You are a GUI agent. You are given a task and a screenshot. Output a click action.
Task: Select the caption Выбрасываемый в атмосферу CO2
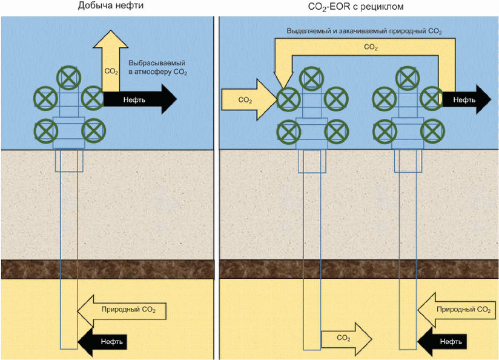click(x=157, y=67)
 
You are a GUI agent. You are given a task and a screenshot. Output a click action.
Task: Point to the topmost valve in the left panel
click(x=69, y=78)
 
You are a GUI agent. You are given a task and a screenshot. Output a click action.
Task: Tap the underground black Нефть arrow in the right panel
click(x=446, y=341)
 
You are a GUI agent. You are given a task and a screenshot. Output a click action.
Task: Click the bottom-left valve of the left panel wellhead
click(x=46, y=130)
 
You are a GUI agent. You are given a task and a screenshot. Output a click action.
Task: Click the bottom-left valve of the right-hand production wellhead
click(x=385, y=130)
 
